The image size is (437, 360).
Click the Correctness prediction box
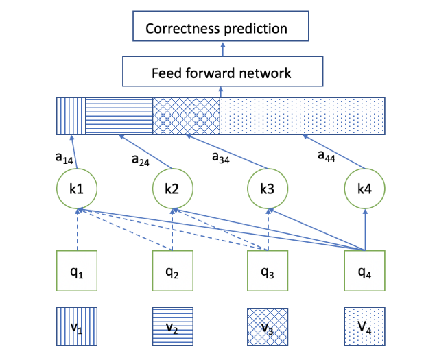[221, 28]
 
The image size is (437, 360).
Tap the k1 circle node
[77, 188]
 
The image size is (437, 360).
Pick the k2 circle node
[172, 188]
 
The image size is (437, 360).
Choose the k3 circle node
[267, 188]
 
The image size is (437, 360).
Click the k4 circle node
[364, 188]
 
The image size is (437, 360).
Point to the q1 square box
[77, 272]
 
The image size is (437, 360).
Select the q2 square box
[172, 272]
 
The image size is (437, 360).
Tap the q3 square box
[268, 272]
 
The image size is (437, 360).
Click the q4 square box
[364, 272]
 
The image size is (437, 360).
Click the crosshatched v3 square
[268, 327]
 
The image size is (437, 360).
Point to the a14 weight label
[64, 157]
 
